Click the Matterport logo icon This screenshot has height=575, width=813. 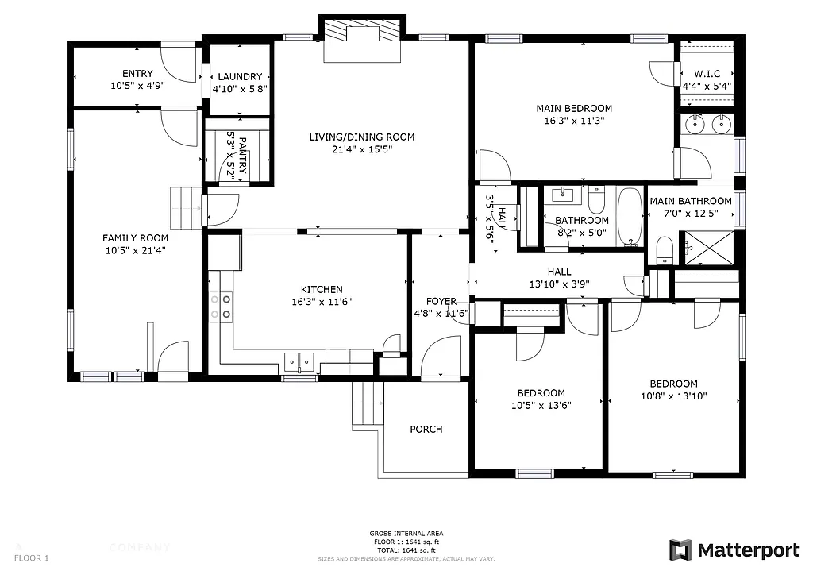(x=680, y=550)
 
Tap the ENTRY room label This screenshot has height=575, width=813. (x=137, y=74)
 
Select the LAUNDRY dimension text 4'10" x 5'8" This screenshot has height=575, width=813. (x=239, y=89)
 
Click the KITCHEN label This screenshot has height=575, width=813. (x=322, y=290)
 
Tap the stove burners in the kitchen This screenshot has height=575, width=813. (x=222, y=307)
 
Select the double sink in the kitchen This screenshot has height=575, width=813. (x=299, y=362)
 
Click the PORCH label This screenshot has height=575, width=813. (x=426, y=430)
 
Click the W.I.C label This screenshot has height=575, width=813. (x=707, y=74)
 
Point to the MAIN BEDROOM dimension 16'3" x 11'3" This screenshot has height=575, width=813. (x=574, y=122)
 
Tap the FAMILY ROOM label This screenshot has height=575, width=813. (x=135, y=237)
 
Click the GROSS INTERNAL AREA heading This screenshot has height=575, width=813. (x=406, y=534)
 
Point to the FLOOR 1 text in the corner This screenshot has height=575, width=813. (x=32, y=558)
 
